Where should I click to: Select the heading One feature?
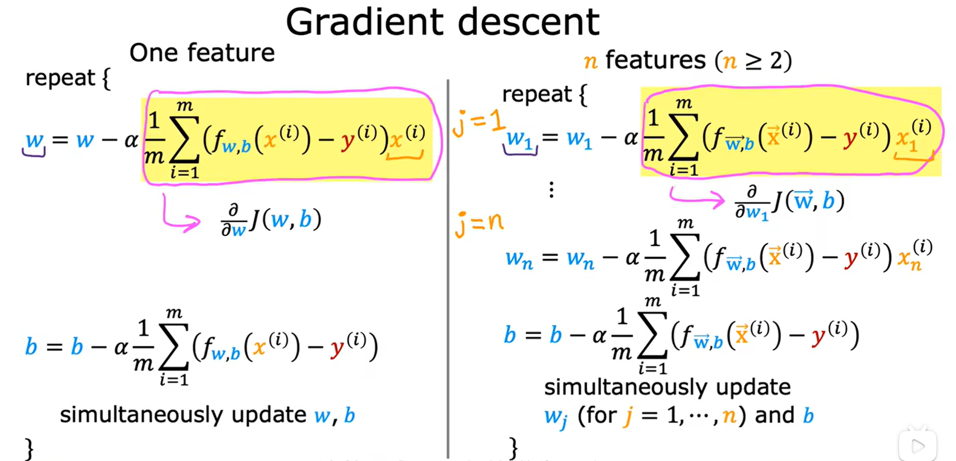tap(202, 53)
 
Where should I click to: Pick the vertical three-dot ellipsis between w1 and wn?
tap(551, 190)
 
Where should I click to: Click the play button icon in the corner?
tap(917, 445)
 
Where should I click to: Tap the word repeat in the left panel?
tap(60, 78)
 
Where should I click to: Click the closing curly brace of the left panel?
tap(29, 449)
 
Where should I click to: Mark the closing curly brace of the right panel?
tap(514, 447)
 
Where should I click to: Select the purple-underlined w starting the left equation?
tap(34, 141)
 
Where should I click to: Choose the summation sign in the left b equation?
tap(174, 347)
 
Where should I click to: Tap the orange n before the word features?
tap(590, 61)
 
